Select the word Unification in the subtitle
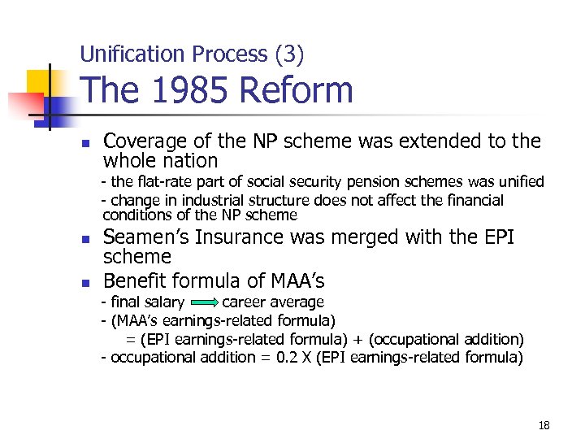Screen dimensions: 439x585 click(132, 54)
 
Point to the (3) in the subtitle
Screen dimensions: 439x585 click(289, 54)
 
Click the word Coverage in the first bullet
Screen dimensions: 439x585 click(144, 141)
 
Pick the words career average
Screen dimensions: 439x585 click(273, 302)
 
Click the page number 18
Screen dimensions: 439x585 click(544, 425)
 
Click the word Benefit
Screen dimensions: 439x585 click(134, 281)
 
